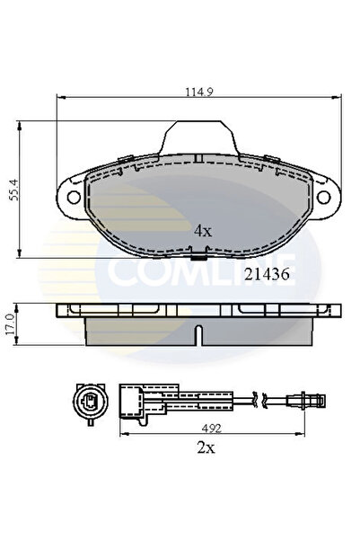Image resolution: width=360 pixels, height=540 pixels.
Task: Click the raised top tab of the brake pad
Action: point(198,137)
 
